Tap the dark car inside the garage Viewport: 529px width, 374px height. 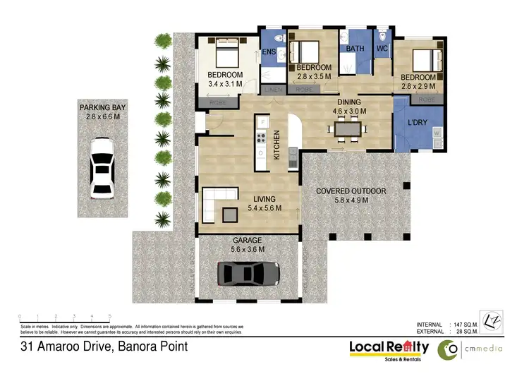click(x=248, y=273)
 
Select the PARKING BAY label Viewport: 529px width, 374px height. click(x=103, y=111)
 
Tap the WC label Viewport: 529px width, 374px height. click(x=382, y=49)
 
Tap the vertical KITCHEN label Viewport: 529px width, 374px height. click(x=277, y=145)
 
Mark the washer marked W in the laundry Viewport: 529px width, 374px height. click(x=437, y=133)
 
